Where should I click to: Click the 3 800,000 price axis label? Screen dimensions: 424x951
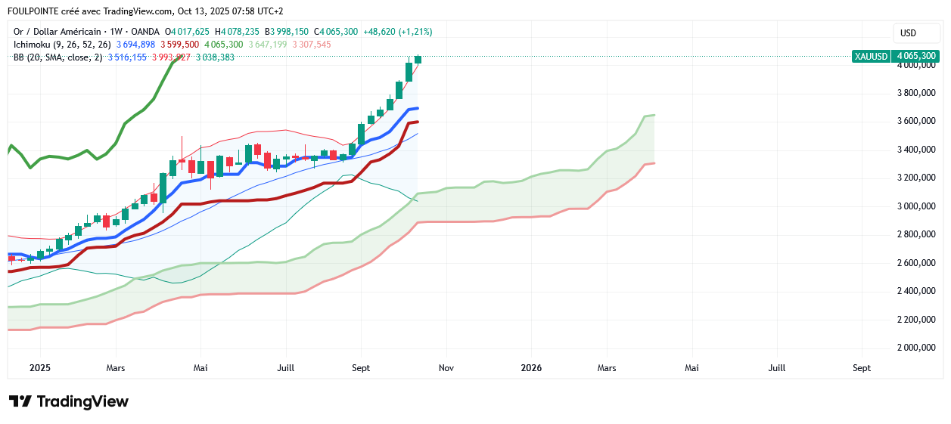(x=916, y=93)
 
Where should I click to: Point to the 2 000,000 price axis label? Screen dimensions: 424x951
(x=916, y=348)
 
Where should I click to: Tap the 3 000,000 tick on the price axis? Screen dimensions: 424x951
(x=916, y=206)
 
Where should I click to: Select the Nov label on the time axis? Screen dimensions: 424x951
(x=446, y=368)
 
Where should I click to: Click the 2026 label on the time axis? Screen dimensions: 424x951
(x=531, y=368)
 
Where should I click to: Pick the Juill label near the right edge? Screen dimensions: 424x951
(x=776, y=368)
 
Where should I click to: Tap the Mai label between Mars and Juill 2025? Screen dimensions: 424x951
(x=200, y=368)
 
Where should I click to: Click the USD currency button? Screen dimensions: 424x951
(x=907, y=33)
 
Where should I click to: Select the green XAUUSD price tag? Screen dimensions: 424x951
(x=895, y=56)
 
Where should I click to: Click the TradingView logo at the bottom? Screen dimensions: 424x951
(x=68, y=401)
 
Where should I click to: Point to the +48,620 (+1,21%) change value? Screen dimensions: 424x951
(x=397, y=32)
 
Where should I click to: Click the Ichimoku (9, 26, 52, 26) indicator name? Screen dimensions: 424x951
(x=62, y=45)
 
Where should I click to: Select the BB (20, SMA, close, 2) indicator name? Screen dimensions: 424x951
(x=57, y=57)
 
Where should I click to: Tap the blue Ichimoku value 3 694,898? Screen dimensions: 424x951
(x=135, y=45)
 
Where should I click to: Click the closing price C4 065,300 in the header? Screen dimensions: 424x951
(x=337, y=32)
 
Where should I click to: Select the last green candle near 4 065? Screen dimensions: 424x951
(x=418, y=59)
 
